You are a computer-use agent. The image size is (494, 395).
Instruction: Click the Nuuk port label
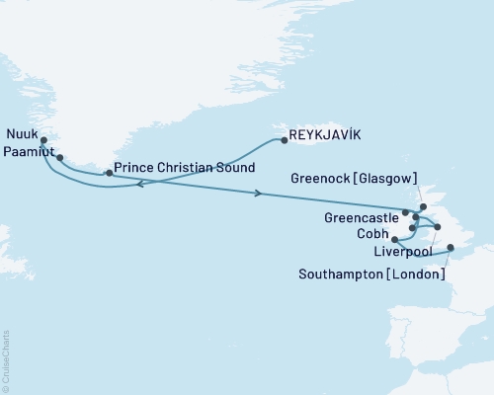click(22, 135)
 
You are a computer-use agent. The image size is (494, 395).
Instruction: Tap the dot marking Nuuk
click(43, 140)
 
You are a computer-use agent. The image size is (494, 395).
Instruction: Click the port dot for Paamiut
click(60, 157)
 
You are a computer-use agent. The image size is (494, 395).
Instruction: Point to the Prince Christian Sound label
click(185, 167)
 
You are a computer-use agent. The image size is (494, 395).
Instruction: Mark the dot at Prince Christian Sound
click(109, 173)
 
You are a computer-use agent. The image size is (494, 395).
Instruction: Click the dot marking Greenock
click(423, 206)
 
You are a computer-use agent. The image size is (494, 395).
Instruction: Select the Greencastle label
click(361, 215)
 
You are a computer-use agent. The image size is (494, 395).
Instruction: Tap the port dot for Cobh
click(394, 239)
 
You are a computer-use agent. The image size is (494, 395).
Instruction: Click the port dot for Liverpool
click(438, 227)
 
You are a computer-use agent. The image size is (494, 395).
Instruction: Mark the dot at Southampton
click(451, 248)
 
